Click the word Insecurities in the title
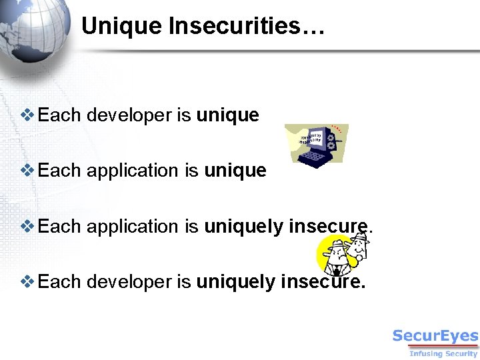247,27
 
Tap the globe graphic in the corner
33,30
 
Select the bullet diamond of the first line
28,115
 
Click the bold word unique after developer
227,116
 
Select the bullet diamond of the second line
28,170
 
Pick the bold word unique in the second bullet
235,171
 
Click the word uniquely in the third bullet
244,227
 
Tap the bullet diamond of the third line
28,226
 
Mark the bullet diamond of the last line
28,281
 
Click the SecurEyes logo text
435,336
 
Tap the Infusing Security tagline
443,353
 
